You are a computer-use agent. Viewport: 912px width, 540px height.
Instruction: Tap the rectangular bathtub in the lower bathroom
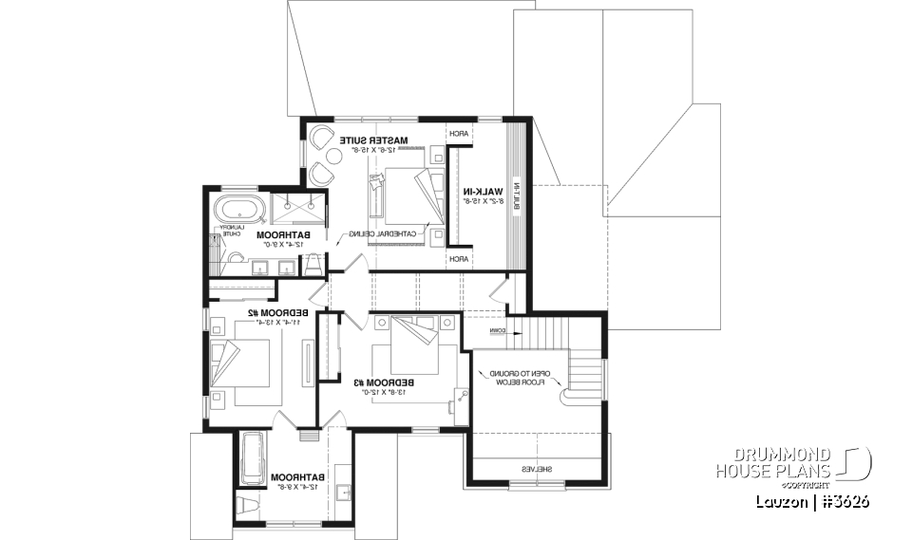253,457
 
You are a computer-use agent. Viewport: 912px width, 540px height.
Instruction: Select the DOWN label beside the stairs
499,331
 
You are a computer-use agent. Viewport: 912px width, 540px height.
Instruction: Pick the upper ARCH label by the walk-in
458,135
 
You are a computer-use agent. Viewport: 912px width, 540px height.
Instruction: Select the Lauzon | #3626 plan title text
812,501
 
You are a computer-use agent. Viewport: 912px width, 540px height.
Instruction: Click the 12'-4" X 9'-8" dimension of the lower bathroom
294,486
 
